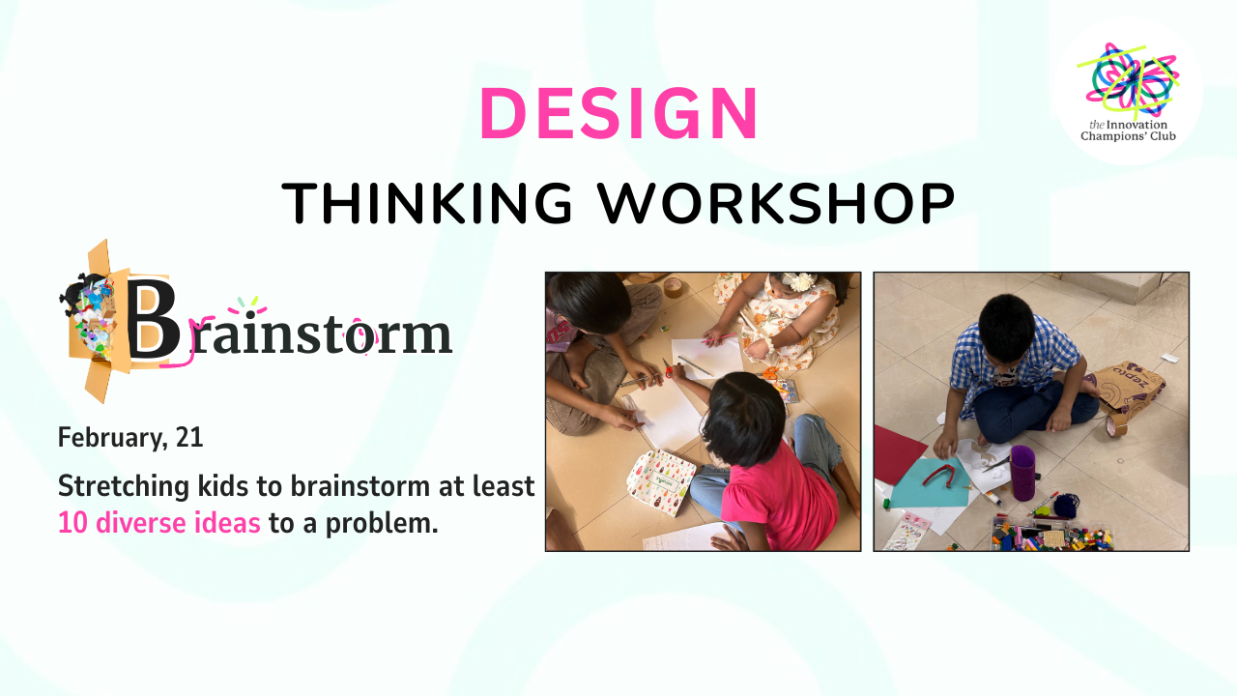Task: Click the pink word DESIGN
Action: [618, 113]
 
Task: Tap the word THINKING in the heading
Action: [427, 203]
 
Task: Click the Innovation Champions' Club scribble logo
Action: [1128, 78]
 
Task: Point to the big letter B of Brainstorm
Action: [153, 319]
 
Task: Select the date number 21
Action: [189, 438]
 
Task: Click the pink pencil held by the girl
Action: [718, 338]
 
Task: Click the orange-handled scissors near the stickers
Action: [772, 373]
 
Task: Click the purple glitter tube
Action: [1022, 473]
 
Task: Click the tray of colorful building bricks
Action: [1052, 535]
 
